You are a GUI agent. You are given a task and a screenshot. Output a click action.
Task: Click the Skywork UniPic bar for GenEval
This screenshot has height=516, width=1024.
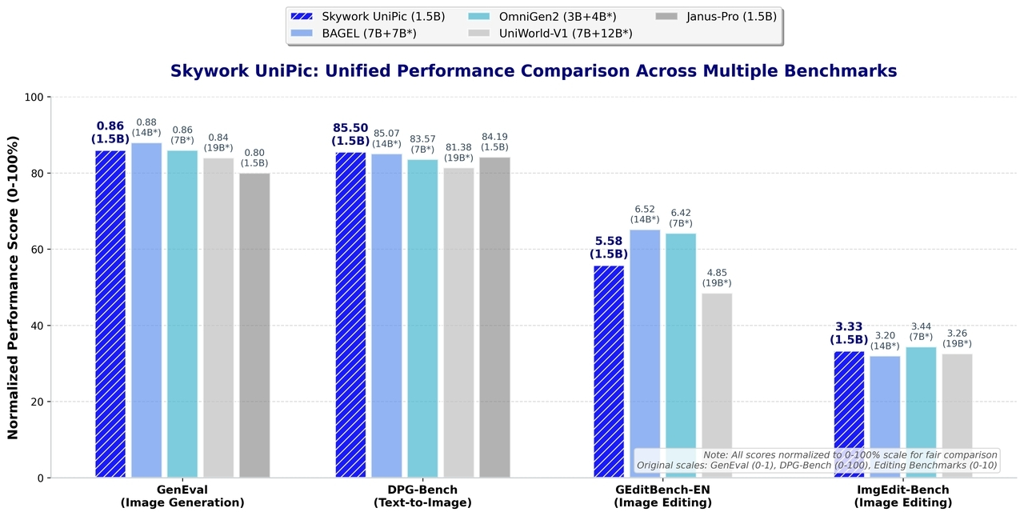click(110, 314)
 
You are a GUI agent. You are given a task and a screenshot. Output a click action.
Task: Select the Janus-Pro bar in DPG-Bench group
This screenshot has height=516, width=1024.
click(494, 317)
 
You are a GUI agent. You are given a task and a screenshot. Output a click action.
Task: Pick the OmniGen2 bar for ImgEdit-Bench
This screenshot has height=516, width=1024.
click(921, 412)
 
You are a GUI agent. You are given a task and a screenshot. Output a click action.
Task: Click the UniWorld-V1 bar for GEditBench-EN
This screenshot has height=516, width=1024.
click(717, 385)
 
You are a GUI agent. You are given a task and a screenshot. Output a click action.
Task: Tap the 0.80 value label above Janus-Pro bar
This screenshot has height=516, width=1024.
click(254, 152)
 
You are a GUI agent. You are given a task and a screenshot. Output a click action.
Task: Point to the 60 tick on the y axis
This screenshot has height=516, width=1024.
click(38, 250)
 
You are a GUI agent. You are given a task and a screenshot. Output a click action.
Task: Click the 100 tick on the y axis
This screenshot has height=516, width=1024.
click(34, 98)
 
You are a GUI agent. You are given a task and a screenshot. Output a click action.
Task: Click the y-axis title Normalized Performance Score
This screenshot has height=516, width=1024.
click(13, 288)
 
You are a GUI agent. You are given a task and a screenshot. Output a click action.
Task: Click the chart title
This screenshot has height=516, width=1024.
click(534, 71)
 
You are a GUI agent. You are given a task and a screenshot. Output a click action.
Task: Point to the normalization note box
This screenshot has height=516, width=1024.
click(817, 460)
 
